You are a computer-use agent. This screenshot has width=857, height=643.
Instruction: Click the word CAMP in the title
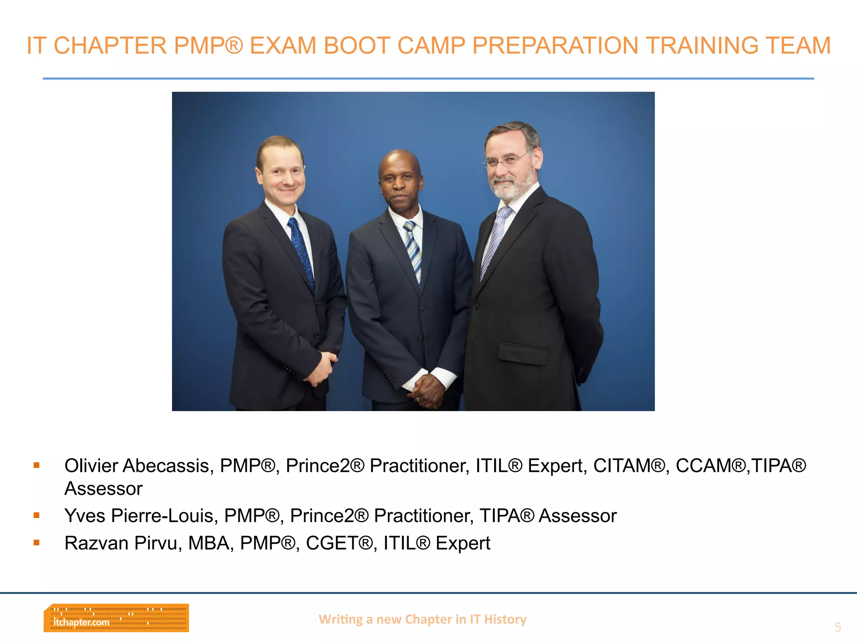pos(431,46)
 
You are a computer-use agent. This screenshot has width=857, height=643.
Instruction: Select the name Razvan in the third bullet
pos(96,543)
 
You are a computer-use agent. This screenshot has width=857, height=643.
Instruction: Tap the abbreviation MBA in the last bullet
pos(208,543)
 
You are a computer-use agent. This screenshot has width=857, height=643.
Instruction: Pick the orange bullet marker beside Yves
pos(37,515)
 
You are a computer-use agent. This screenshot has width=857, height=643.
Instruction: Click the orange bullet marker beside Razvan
pos(37,543)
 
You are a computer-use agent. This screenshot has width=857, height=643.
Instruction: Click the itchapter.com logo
pos(116,618)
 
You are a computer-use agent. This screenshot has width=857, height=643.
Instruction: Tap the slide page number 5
pos(837,627)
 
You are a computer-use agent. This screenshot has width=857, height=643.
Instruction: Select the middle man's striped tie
pos(413,251)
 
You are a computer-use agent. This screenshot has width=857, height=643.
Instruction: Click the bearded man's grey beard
pos(513,188)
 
